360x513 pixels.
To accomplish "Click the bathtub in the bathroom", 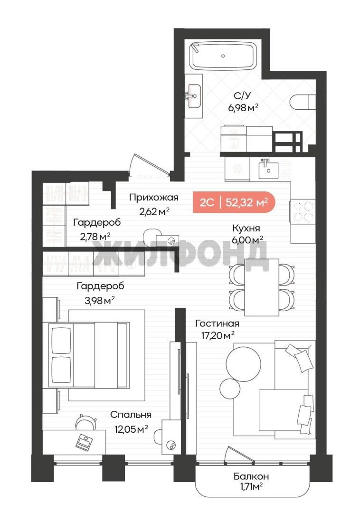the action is pos(223,56).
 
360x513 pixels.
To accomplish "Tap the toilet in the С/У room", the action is pos(303,102).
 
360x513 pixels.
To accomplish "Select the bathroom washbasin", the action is pos(194,96).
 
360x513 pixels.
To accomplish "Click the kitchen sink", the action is pos(268,169).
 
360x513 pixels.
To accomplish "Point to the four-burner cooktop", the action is pos(303,211).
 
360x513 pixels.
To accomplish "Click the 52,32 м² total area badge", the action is pos(234,202).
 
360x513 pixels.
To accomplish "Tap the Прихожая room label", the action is pos(154,197).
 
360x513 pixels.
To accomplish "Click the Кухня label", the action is pos(246,228).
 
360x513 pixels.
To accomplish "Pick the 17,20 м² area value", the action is pos(218,335).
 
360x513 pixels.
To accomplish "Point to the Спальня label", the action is pos(131,415).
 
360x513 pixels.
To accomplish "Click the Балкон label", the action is pos(251,476).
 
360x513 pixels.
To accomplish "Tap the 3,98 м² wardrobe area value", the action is pos(100,300).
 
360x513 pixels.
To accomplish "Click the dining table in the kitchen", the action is pos(262,287).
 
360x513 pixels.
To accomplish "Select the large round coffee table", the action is pos(244,363).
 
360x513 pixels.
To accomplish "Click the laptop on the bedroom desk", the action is pos(85,442).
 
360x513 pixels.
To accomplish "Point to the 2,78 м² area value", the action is pos(95,236).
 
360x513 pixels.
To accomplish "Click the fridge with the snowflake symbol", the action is pos(237,169).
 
